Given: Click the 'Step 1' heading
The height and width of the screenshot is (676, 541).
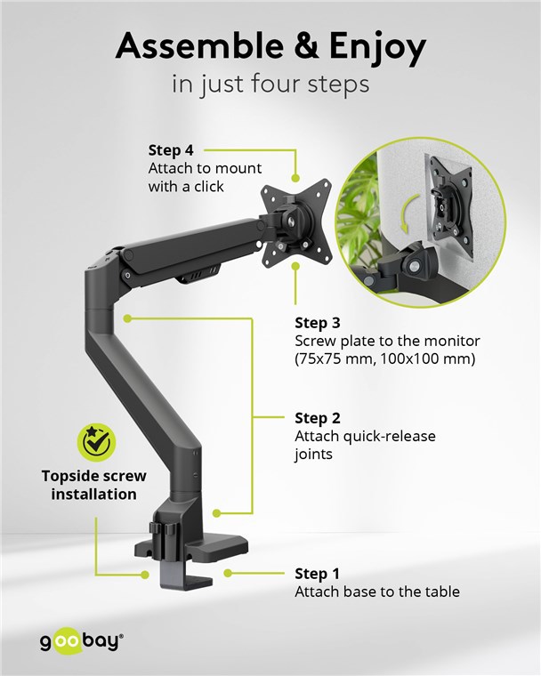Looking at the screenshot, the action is click(x=317, y=574).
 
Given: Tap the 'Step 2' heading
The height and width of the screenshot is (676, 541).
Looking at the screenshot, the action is click(x=318, y=418).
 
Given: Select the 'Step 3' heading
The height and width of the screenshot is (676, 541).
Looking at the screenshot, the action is click(x=318, y=323).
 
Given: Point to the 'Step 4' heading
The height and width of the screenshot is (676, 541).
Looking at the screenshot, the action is click(x=171, y=150).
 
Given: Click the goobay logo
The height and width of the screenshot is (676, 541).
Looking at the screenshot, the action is click(x=82, y=641).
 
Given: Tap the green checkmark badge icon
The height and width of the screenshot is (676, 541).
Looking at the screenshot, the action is click(x=97, y=442).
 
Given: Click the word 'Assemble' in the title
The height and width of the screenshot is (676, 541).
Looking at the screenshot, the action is click(x=199, y=46).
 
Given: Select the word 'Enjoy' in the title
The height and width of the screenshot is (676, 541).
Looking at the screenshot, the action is click(x=377, y=48).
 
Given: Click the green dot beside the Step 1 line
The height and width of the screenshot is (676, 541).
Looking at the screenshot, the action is click(x=228, y=573).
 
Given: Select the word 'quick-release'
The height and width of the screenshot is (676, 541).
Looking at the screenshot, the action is click(x=389, y=436).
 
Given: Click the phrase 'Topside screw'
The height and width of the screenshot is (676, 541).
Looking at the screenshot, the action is click(x=94, y=476).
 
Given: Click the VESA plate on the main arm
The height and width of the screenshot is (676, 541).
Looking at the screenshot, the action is click(x=296, y=223).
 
